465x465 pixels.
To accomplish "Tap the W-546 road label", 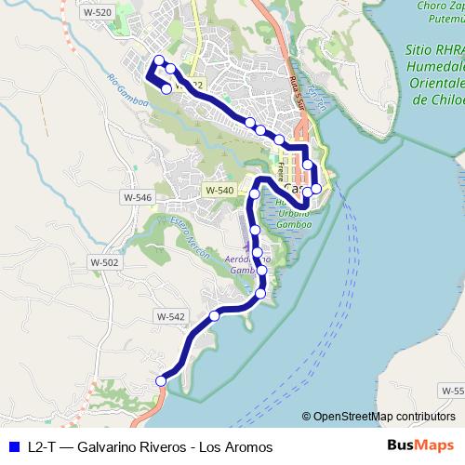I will [x=136, y=198].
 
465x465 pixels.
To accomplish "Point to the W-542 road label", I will [x=170, y=317].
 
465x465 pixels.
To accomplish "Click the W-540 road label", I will [x=219, y=190].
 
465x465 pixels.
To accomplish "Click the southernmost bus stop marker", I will [x=161, y=380].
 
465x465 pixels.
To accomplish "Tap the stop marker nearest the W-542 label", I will [x=215, y=316].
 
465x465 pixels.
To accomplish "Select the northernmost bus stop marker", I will [x=159, y=60].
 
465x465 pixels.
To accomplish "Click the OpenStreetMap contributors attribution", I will [x=383, y=417].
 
